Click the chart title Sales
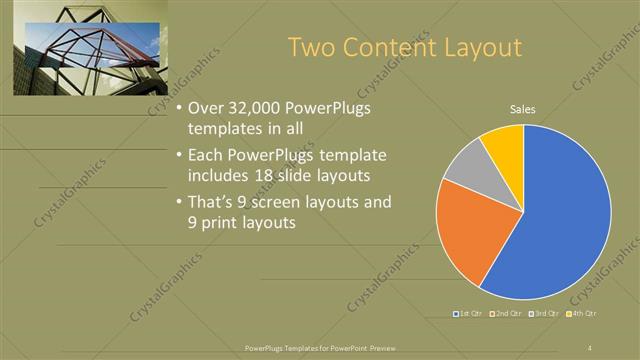pyautogui.click(x=523, y=109)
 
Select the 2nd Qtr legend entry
pyautogui.click(x=508, y=313)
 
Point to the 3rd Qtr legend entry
pyautogui.click(x=546, y=313)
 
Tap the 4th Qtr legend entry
pyautogui.click(x=583, y=313)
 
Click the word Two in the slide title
pyautogui.click(x=310, y=48)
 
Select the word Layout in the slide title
pyautogui.click(x=481, y=48)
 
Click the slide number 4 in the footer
pyautogui.click(x=590, y=347)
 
